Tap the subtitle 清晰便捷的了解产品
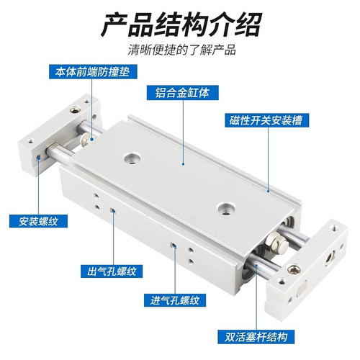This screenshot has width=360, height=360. click(x=180, y=50)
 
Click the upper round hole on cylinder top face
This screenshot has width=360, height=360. click(x=132, y=156)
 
